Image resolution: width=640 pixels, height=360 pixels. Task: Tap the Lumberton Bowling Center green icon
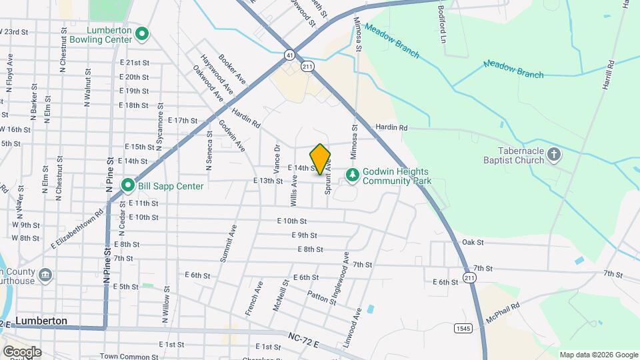tap(141, 33)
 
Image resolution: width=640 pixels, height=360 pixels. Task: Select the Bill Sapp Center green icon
tap(127, 185)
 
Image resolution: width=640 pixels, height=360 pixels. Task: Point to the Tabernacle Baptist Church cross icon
tap(554, 156)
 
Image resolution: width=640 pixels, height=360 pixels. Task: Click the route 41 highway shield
tap(289, 53)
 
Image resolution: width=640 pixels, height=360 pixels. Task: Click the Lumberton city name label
tap(41, 321)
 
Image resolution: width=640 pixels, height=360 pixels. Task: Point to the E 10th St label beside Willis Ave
tap(292, 221)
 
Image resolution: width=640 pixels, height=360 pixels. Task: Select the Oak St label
tap(472, 242)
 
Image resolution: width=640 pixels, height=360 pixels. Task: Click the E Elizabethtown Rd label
tap(78, 229)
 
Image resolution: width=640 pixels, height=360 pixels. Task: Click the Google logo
tap(21, 351)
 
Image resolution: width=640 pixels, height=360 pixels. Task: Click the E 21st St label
tap(134, 62)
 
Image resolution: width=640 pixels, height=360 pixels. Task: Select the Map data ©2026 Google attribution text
tap(598, 355)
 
